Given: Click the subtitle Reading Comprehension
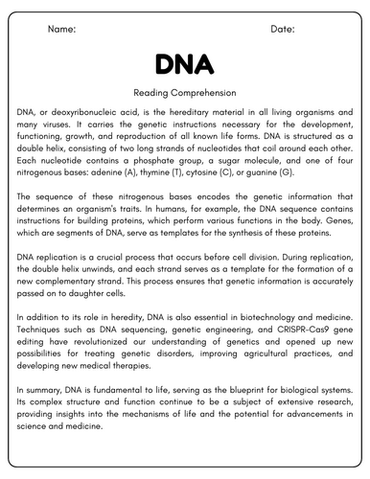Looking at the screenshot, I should pos(184,94).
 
